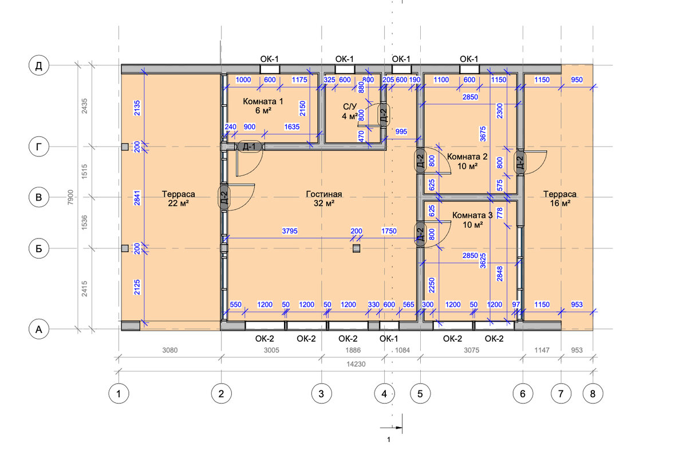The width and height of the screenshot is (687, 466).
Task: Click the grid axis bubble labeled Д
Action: coord(39,65)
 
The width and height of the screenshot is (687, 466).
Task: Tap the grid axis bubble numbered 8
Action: coord(593,393)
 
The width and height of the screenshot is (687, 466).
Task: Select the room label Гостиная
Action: coord(324,194)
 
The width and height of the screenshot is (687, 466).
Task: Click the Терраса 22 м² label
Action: coord(178,199)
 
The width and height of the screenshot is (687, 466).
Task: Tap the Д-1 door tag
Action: coord(250,147)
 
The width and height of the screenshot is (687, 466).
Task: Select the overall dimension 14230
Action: coord(356,364)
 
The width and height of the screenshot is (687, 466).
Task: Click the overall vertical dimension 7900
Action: coord(70,197)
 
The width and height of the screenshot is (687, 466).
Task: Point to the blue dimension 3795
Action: coord(290,231)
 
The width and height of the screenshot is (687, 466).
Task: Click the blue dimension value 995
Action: coord(401,132)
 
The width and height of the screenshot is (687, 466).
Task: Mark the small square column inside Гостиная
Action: coord(356,248)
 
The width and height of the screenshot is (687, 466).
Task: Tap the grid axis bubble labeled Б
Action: coord(39,248)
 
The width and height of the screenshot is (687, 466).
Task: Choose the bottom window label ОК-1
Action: coord(389,339)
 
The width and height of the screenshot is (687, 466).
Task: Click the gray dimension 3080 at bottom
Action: coord(170,350)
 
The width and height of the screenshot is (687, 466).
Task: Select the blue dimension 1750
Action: coord(389,231)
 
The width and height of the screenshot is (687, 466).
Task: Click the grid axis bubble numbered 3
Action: coord(321,393)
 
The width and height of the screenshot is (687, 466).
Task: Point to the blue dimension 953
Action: coord(577,304)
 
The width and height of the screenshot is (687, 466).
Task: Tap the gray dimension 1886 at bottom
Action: coord(353,350)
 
